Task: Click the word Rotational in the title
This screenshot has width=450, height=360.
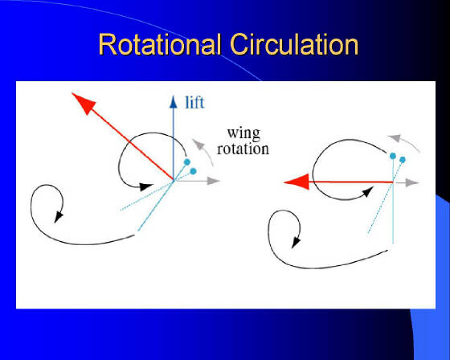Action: point(160,44)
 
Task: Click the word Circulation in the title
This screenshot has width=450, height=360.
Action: point(294,44)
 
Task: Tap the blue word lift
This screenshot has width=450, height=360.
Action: point(194,103)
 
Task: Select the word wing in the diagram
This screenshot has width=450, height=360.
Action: point(243,134)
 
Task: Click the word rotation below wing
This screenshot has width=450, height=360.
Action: point(243,149)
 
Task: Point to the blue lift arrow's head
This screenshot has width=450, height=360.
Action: point(173,102)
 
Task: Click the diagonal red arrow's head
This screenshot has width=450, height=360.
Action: point(84,104)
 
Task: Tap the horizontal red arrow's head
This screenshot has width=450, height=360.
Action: point(297,182)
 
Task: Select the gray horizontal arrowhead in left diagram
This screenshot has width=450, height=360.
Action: point(213,181)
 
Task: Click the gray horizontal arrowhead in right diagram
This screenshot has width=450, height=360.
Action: point(412,182)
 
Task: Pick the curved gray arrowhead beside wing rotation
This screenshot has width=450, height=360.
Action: point(198,144)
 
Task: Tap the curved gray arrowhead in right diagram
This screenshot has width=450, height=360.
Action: point(394,137)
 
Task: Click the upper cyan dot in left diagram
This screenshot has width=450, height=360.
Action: point(187,162)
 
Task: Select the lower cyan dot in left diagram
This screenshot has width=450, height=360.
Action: point(193,171)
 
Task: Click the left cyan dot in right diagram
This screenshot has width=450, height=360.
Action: point(393,156)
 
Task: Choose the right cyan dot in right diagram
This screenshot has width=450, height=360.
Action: point(403,160)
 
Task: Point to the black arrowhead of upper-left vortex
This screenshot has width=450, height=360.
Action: point(146,187)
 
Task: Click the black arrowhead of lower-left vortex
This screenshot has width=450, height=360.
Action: point(58,217)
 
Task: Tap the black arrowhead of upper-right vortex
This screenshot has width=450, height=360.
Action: point(368,191)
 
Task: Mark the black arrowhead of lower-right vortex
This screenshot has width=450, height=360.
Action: point(296,243)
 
